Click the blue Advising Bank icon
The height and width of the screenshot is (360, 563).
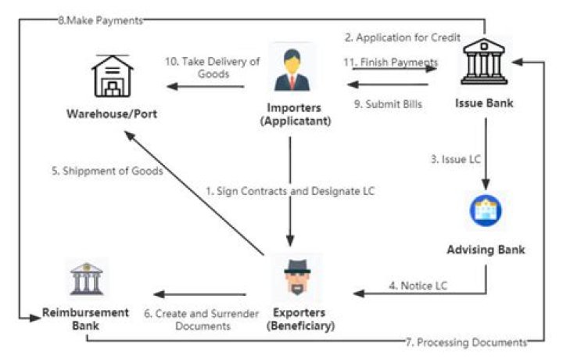(486, 209)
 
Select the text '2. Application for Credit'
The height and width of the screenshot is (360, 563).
(402, 38)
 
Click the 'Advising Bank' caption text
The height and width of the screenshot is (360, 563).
(486, 250)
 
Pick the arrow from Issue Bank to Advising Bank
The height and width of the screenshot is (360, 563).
(486, 157)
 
